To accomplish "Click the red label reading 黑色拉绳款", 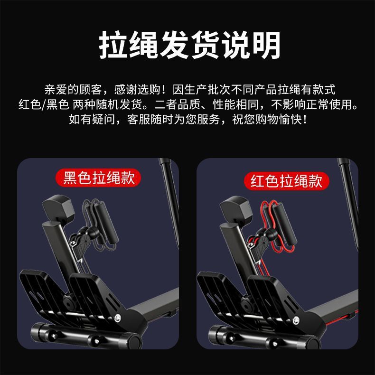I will point(99,178).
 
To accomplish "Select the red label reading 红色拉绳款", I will point(286,181).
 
